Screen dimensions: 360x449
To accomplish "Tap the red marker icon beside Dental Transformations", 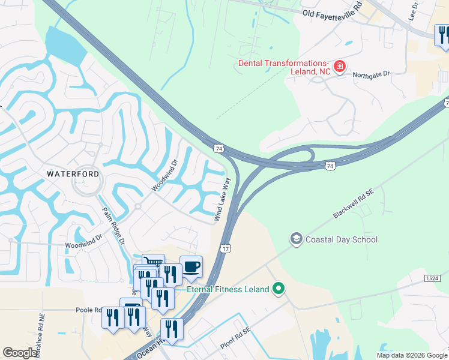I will (x=339, y=65).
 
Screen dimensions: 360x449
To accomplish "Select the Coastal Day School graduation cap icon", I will (x=295, y=239).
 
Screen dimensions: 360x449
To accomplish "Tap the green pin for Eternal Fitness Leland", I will (x=278, y=289).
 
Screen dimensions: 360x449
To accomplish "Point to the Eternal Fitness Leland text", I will (x=228, y=289).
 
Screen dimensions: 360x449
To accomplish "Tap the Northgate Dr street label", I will (x=371, y=73).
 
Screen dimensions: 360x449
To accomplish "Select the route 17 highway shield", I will (x=225, y=248).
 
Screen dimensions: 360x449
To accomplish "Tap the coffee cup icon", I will (x=191, y=266).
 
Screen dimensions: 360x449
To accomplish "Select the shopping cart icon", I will (x=153, y=263).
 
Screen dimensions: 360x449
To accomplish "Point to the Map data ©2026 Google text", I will (x=411, y=355).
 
